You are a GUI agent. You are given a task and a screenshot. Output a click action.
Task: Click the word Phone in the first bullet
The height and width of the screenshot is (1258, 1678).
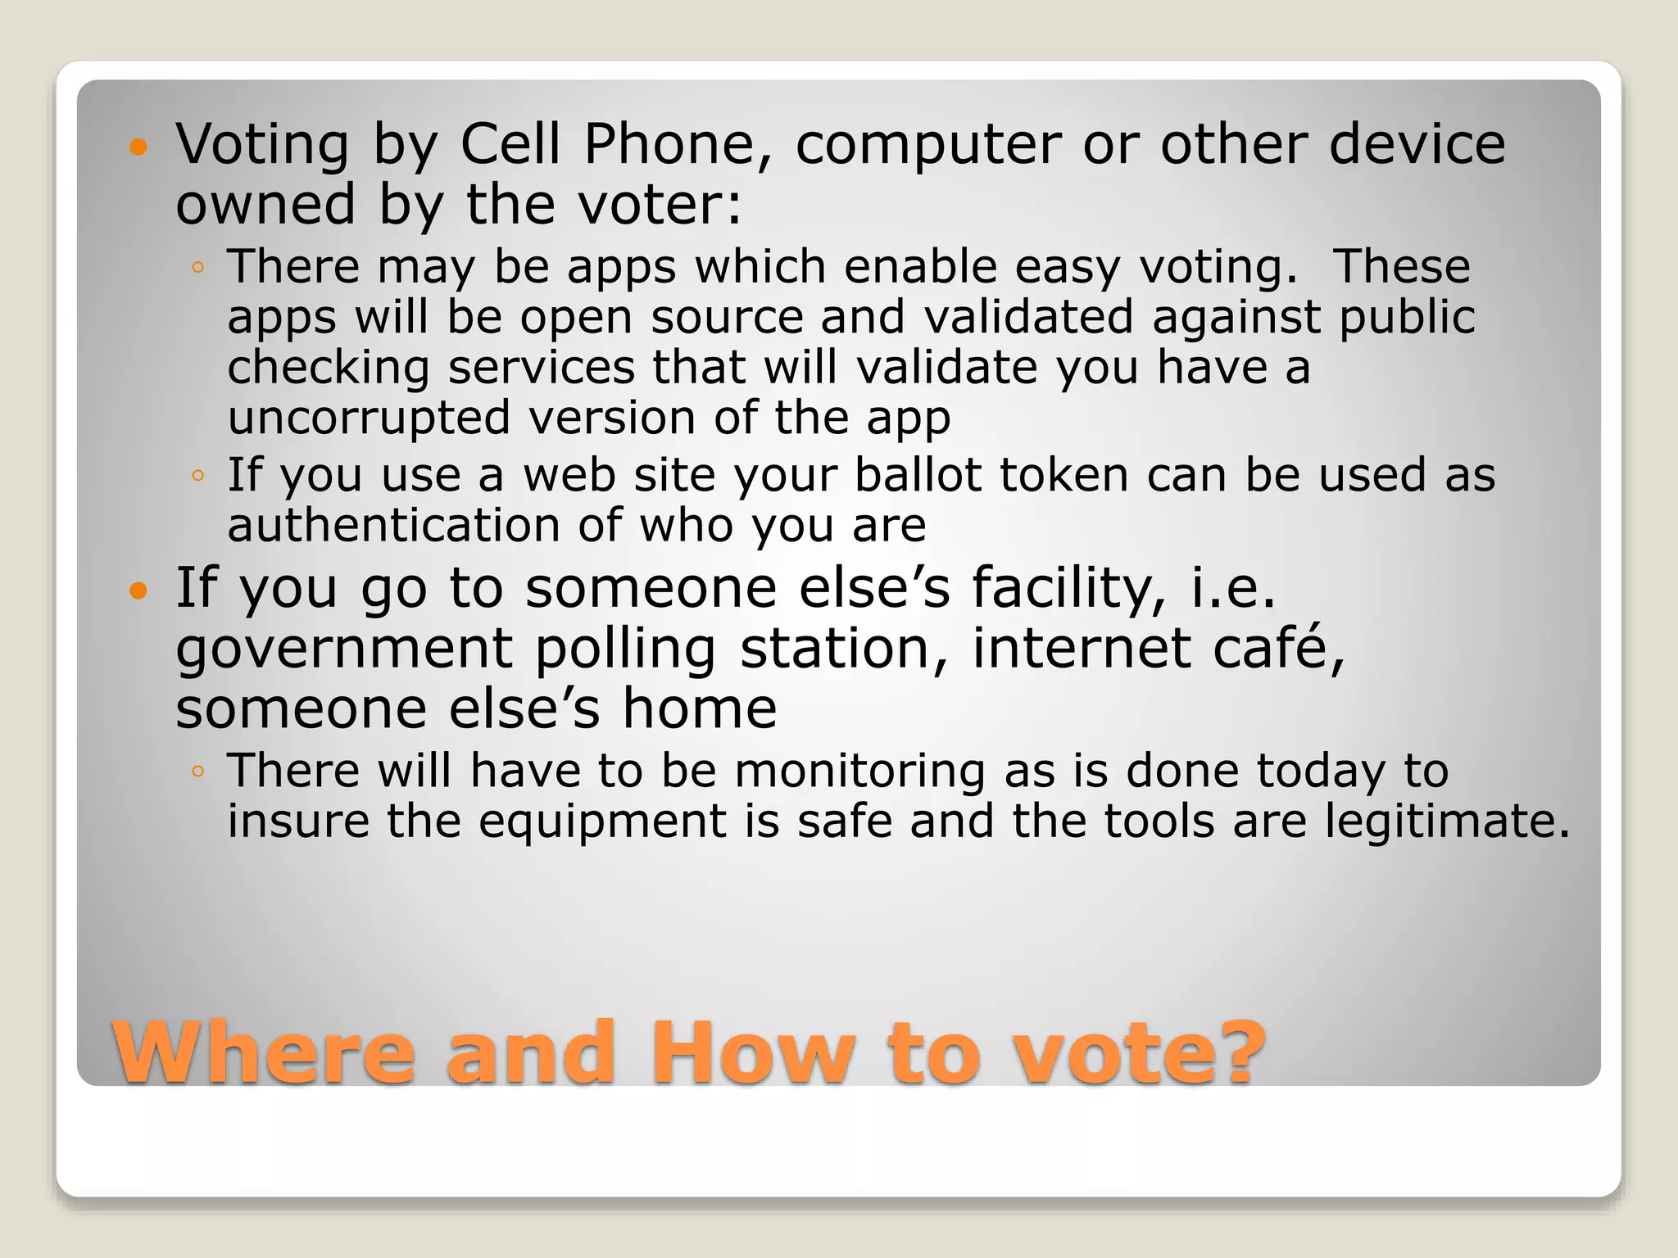(669, 144)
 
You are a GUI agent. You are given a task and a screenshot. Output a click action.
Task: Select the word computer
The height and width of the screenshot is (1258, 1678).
(928, 146)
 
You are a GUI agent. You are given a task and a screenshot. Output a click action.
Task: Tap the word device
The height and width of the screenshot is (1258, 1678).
(1417, 144)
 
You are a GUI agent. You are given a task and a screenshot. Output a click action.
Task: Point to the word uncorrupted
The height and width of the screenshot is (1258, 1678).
(368, 419)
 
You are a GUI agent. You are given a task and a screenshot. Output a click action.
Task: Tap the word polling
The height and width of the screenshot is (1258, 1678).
(626, 650)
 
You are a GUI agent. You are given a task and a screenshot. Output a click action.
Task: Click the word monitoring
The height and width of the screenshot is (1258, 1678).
(859, 772)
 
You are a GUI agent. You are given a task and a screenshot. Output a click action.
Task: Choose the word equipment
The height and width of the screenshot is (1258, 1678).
(603, 823)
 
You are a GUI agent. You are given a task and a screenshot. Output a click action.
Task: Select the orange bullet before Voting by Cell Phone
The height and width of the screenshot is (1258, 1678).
(138, 147)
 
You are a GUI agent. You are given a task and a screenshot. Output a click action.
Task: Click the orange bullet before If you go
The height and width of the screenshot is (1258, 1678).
(138, 590)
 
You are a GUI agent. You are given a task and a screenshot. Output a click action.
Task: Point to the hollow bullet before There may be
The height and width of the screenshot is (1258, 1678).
(197, 268)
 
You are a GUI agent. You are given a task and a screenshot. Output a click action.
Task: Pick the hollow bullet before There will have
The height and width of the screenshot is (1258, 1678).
(197, 772)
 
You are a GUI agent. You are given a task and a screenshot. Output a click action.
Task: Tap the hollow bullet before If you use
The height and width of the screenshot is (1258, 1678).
(197, 476)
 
